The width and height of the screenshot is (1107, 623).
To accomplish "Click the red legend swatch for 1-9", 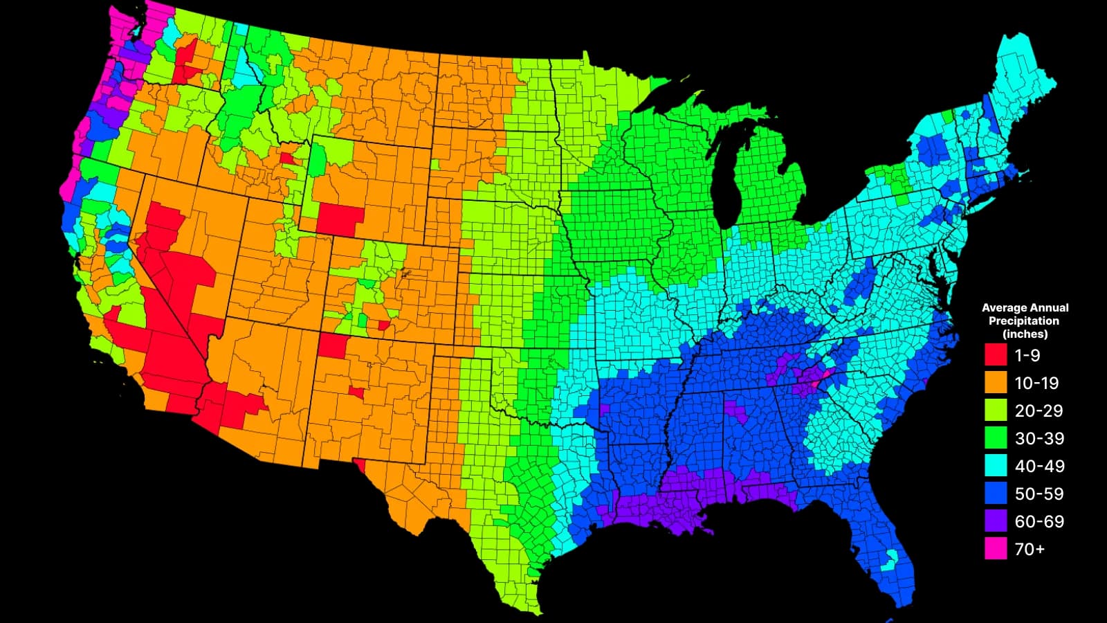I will [x=996, y=355].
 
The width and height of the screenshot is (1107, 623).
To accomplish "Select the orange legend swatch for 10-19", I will [x=996, y=383].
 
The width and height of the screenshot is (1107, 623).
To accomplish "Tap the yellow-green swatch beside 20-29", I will [x=996, y=410].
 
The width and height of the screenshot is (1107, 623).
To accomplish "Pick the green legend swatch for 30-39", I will [x=996, y=438].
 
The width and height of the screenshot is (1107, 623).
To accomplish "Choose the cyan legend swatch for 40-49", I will [x=996, y=466].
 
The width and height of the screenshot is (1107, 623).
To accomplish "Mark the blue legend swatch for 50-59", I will [x=996, y=494].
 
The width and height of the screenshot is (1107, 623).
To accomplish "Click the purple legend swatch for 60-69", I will [x=996, y=521].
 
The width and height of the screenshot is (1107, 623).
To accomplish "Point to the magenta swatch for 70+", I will [x=996, y=549].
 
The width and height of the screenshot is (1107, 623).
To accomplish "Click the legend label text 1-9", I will [x=1027, y=355].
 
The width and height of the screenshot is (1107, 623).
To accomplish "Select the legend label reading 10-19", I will [x=1036, y=383].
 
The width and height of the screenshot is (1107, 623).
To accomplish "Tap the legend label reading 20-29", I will [x=1039, y=410].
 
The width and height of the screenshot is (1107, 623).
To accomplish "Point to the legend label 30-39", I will [x=1039, y=438].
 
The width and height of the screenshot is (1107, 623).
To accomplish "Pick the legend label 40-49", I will [x=1039, y=466].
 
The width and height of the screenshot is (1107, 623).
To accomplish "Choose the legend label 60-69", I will [x=1039, y=521].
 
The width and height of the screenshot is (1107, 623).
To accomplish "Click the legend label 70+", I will [x=1030, y=549].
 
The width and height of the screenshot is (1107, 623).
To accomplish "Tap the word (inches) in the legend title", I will [x=1025, y=334].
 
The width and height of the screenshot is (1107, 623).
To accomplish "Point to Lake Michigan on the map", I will [x=727, y=180].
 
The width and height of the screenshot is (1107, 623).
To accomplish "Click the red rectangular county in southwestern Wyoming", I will [x=340, y=219].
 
